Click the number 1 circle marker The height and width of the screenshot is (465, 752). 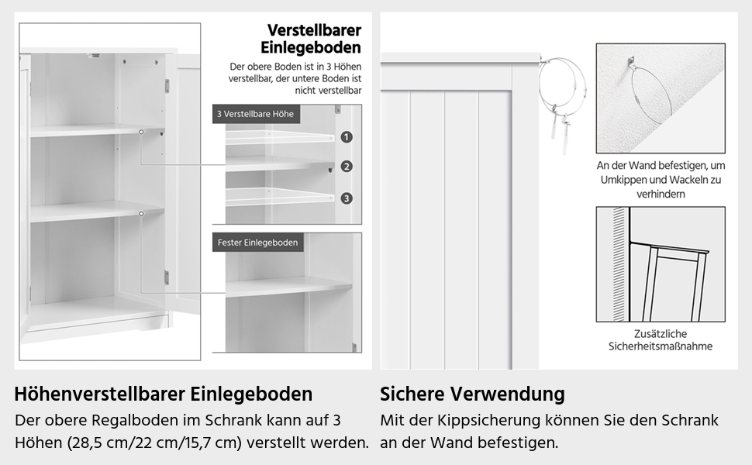[x=347, y=137]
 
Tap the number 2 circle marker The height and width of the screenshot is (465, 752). [x=347, y=167]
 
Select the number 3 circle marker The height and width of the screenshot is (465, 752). [x=347, y=198]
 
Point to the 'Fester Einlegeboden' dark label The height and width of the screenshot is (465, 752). [x=257, y=243]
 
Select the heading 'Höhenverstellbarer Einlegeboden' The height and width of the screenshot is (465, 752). [x=164, y=394]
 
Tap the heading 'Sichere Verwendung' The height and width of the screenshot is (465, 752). [x=472, y=394]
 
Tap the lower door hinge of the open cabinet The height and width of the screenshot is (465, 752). [x=165, y=275]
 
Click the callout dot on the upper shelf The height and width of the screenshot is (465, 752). [x=141, y=133]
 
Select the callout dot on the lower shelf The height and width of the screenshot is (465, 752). [x=141, y=212]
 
